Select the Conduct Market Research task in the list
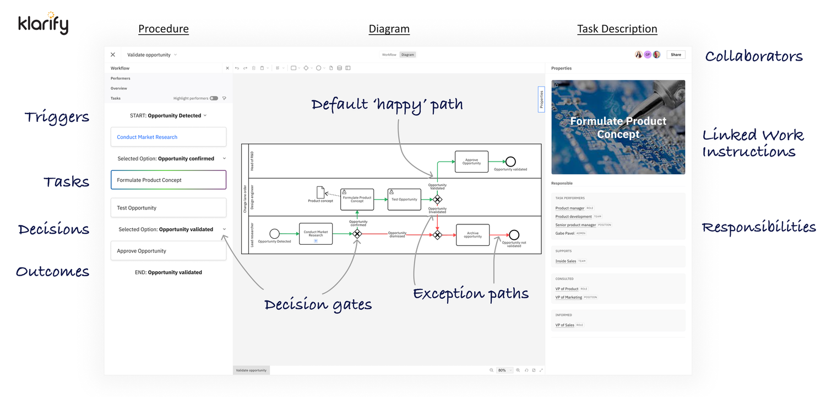(x=169, y=137)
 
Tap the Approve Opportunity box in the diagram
(x=471, y=162)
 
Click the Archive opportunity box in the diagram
(x=472, y=235)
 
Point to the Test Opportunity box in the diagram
(x=404, y=199)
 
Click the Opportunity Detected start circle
(x=274, y=234)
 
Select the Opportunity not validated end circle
(x=514, y=235)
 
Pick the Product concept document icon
(x=320, y=192)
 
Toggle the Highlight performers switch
(x=214, y=98)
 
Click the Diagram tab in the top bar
(x=407, y=55)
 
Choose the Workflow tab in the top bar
(x=389, y=55)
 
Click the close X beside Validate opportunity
(x=113, y=55)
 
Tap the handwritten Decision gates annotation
(x=318, y=304)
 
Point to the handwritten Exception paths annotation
(x=471, y=294)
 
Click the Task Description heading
(x=617, y=29)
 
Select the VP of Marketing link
(x=568, y=297)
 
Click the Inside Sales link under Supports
(x=566, y=261)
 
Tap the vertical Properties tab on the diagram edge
(x=541, y=99)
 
